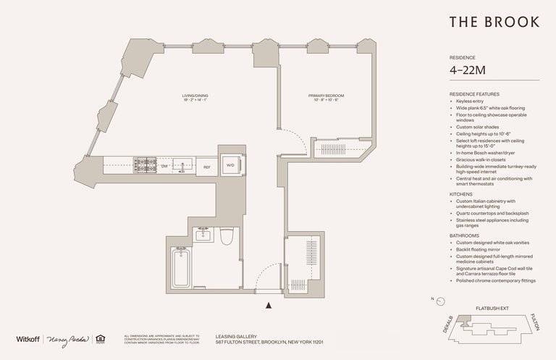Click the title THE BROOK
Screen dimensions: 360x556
[494, 22]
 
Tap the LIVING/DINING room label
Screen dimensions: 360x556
[196, 98]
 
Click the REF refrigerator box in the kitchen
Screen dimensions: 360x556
[206, 167]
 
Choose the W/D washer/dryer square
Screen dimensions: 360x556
[230, 166]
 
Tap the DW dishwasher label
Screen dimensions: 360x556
[164, 167]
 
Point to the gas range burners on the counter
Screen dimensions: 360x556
[142, 166]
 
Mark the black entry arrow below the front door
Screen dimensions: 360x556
[270, 306]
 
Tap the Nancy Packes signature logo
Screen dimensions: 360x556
[68, 339]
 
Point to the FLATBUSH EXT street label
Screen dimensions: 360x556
[492, 309]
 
